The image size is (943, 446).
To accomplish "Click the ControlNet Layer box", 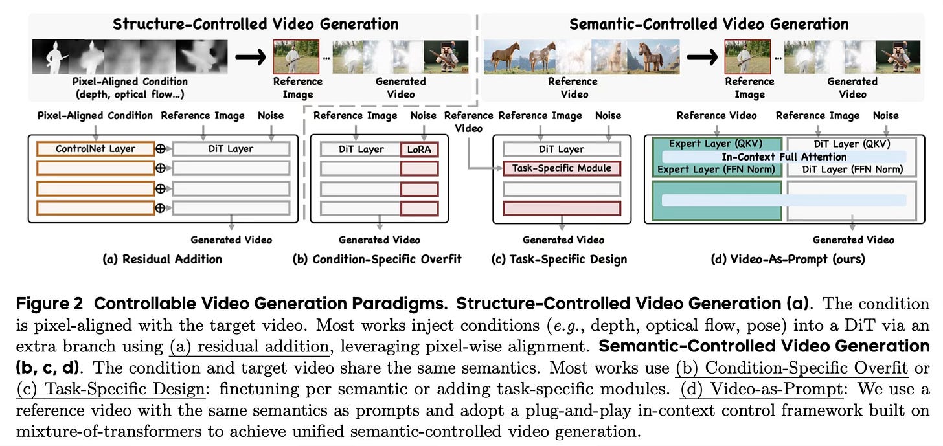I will (95, 149).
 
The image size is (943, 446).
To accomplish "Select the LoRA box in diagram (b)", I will (419, 149).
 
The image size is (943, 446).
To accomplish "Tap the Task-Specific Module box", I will (562, 168).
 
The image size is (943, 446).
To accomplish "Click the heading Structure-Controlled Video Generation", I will (255, 25).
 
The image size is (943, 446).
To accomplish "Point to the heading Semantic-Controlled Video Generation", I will (709, 25).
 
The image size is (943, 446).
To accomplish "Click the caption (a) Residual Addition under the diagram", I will (162, 259).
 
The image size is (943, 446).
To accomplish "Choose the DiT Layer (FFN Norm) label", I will (852, 170).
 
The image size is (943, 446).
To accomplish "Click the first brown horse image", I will (504, 57).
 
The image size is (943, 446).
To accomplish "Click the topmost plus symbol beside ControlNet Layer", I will (161, 149).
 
